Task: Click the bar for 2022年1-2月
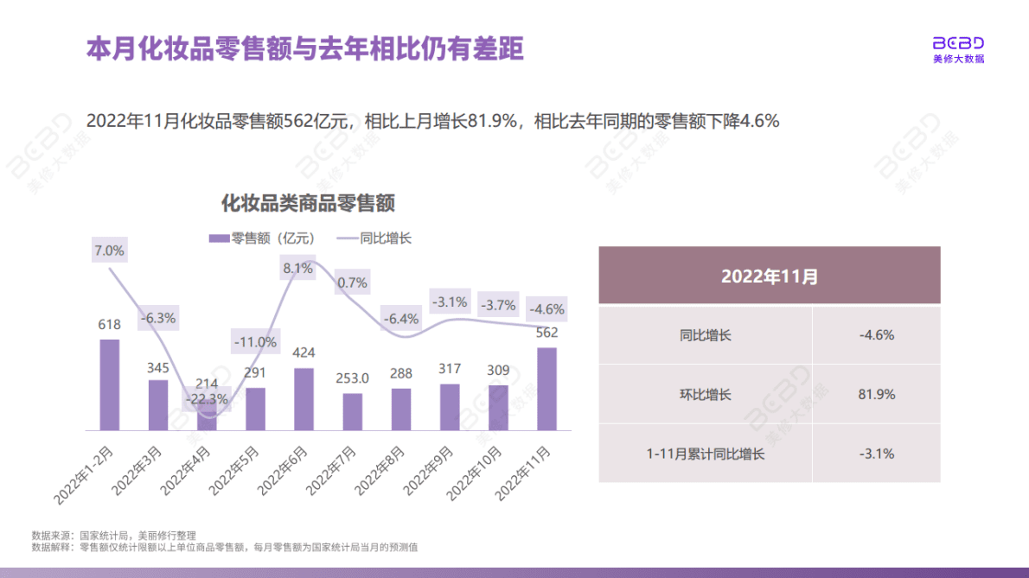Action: [109, 384]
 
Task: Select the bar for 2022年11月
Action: [546, 389]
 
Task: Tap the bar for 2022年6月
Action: [304, 399]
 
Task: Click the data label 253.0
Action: [352, 378]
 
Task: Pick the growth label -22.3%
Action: [207, 399]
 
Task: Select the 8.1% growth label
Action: [297, 268]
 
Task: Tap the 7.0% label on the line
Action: [110, 251]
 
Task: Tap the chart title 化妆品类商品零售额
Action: [309, 204]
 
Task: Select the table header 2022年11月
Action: [769, 276]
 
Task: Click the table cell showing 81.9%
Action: [876, 394]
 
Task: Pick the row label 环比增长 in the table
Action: [706, 394]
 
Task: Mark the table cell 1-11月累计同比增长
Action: [706, 454]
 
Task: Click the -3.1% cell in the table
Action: [876, 454]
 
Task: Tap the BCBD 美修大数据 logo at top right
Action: [958, 50]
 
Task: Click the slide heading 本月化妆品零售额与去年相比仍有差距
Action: [304, 48]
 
